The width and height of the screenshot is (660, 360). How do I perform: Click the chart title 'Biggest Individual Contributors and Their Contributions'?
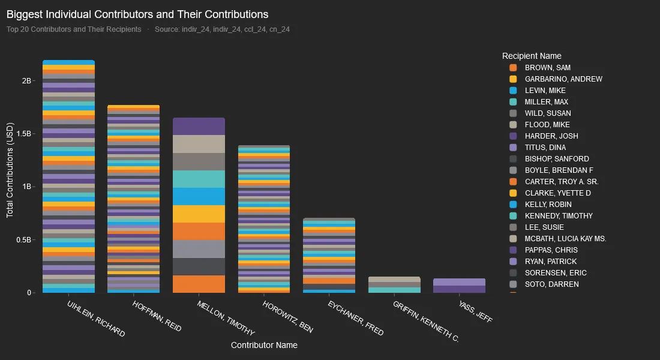click(137, 14)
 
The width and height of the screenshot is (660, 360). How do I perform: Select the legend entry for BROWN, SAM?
click(547, 68)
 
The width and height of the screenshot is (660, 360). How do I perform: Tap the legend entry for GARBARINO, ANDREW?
click(563, 79)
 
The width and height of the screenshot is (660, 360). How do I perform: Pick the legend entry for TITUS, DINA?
click(545, 148)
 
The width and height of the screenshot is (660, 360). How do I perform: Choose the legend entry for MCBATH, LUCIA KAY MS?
click(565, 239)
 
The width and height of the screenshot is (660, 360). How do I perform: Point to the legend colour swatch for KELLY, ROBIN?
click(512, 205)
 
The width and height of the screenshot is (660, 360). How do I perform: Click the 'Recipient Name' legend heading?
click(532, 56)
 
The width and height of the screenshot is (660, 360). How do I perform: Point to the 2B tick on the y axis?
click(26, 80)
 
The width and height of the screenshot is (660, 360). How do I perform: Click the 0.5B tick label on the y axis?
click(23, 240)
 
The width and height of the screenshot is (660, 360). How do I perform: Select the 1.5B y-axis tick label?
click(23, 134)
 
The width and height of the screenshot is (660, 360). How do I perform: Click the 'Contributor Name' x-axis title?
click(264, 345)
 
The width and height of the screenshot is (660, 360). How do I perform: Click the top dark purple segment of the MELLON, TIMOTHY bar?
click(199, 126)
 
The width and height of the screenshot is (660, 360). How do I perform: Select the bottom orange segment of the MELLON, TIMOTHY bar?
click(199, 284)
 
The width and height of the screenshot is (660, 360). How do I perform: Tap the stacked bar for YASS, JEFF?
click(459, 286)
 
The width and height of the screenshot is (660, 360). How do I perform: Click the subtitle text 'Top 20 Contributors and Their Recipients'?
click(74, 29)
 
